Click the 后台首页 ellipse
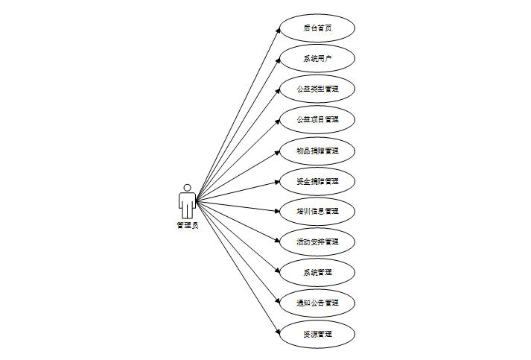(317, 28)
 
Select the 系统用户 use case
(317, 59)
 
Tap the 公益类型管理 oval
(317, 89)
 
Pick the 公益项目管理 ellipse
(317, 120)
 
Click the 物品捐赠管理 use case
(317, 151)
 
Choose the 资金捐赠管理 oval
(317, 181)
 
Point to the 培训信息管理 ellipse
(317, 212)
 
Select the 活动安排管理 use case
(317, 242)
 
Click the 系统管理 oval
(317, 273)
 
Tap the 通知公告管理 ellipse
(317, 303)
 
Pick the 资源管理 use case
(317, 334)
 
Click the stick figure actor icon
(188, 201)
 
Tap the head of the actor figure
(188, 187)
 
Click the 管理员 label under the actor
(188, 226)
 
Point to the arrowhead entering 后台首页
(278, 31)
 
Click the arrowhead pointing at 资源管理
(278, 331)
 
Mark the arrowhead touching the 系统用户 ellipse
(278, 62)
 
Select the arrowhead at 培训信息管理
(277, 211)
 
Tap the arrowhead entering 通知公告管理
(278, 300)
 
